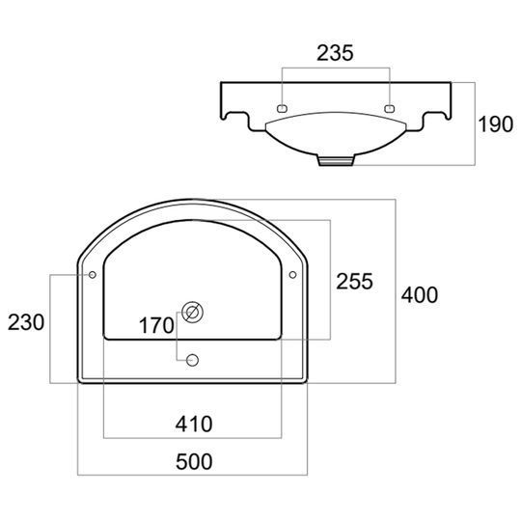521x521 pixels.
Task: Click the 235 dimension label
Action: coord(335,53)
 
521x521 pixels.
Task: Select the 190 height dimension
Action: coord(495,124)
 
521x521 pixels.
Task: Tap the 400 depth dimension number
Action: coord(420,294)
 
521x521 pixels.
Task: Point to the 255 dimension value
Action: coord(354,282)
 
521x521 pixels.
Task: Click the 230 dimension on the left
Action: coord(26,322)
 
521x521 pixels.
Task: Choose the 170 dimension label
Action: coord(156,325)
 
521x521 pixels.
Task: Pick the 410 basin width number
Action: coord(194,424)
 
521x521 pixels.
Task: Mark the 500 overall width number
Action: coord(194,461)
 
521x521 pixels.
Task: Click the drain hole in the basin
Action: coord(192,312)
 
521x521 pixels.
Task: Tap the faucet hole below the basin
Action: coord(192,360)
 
